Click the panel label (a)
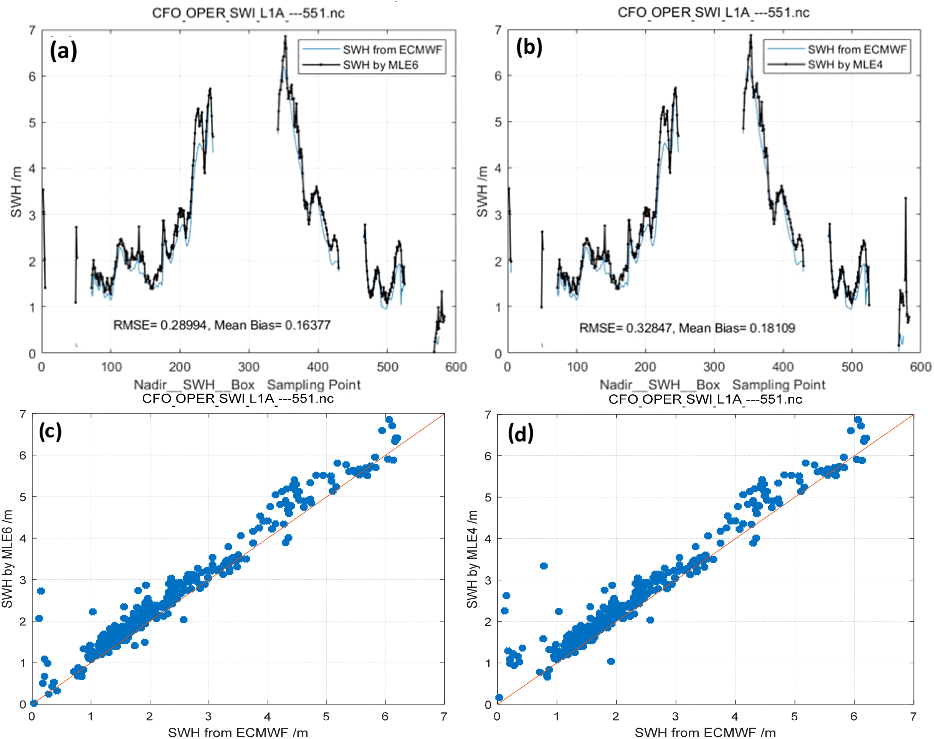[63, 51]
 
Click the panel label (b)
[529, 47]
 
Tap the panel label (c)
[50, 431]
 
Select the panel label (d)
[520, 433]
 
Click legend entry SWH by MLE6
[380, 65]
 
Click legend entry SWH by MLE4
[845, 65]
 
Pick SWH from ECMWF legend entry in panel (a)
[392, 50]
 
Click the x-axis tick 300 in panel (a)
[248, 367]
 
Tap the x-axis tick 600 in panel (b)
[920, 367]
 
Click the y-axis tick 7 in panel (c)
[23, 414]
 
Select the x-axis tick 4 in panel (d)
[735, 717]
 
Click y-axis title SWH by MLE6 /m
[7, 558]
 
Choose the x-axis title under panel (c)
[238, 732]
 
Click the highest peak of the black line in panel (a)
[285, 37]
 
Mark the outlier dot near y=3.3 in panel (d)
[544, 566]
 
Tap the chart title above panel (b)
[713, 13]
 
